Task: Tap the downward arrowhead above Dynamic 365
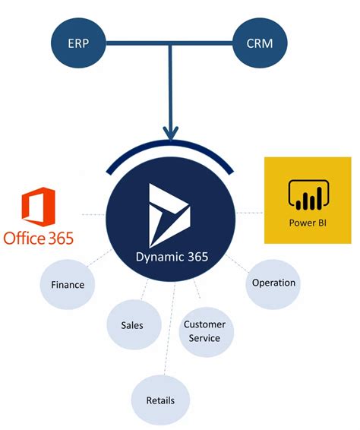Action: (171, 132)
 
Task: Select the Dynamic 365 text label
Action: (171, 258)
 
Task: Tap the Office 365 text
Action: (39, 238)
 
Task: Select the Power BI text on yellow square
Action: (307, 223)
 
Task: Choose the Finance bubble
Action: (68, 285)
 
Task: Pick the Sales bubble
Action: (131, 325)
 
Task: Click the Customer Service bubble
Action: (204, 331)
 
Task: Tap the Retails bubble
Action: (160, 400)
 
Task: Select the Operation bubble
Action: (273, 283)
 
